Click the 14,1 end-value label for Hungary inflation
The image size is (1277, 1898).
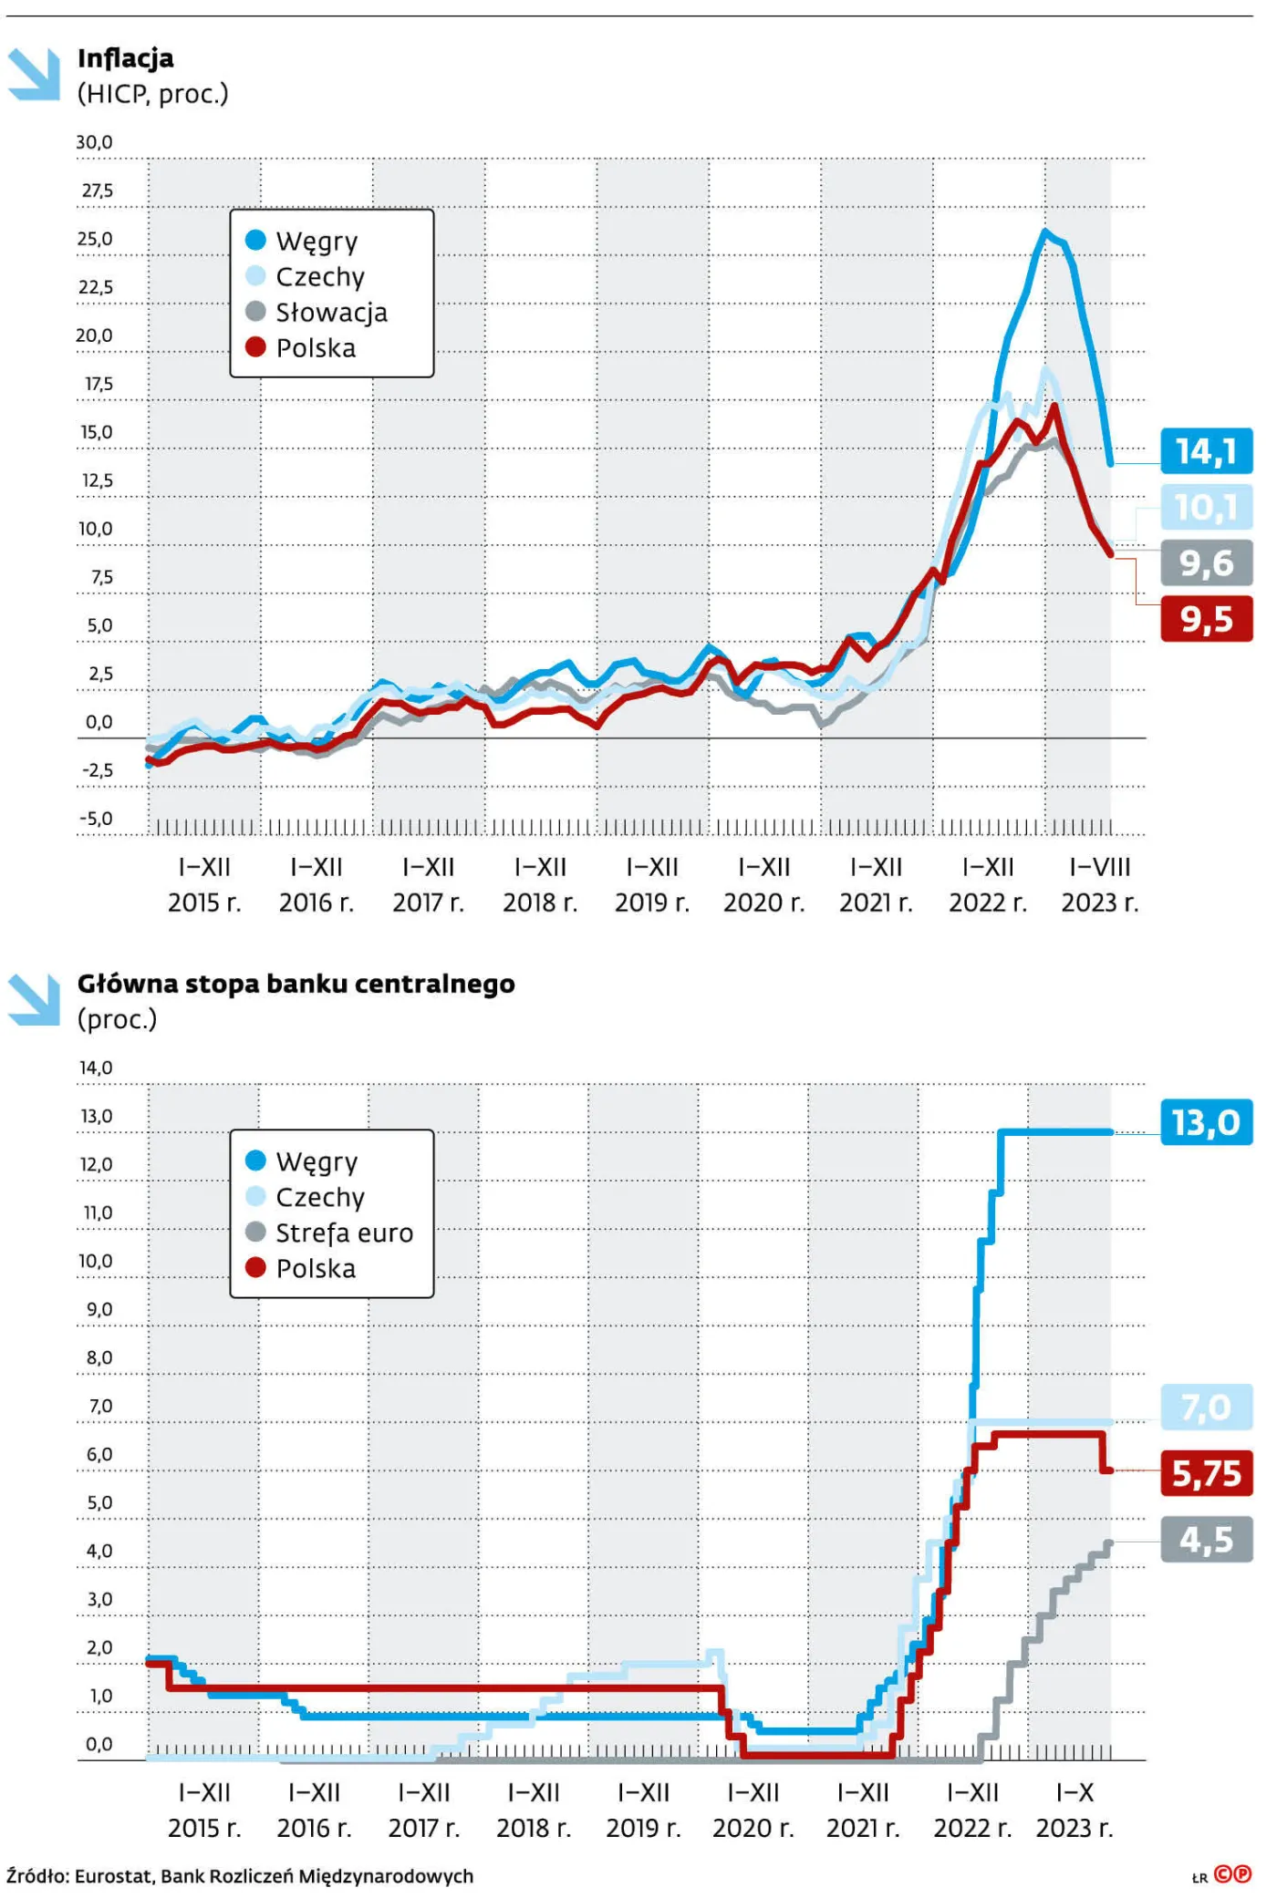1206,450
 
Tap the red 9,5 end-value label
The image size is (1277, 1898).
1206,619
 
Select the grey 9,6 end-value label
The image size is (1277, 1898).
1206,563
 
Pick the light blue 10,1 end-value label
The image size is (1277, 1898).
1206,507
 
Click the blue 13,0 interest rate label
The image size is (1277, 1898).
1206,1122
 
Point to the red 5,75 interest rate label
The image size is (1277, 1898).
1206,1473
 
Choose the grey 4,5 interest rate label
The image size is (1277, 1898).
1206,1540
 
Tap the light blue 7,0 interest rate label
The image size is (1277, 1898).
1206,1408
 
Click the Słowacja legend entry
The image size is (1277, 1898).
330,313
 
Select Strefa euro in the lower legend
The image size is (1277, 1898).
343,1233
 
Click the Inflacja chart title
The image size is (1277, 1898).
126,58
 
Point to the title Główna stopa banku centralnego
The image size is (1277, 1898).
296,984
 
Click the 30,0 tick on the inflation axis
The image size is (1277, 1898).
94,142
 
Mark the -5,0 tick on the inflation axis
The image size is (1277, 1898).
96,819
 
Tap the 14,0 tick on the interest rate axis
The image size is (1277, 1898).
96,1068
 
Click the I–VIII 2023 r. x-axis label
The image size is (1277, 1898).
1099,884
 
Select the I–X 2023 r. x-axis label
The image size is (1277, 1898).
1075,1810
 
